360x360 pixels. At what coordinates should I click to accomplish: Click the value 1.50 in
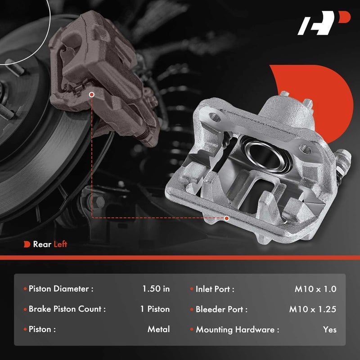(x=155, y=289)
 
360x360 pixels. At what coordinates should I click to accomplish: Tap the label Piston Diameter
(x=61, y=289)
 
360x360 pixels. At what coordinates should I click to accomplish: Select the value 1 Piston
(x=155, y=309)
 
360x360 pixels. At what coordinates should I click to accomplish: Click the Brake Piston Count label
(x=67, y=309)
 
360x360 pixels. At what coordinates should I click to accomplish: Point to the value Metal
(x=158, y=329)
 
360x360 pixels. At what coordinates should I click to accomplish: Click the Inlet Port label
(x=215, y=289)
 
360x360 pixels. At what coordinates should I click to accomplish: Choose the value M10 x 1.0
(x=315, y=289)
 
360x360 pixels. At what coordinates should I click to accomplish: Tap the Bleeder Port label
(x=221, y=309)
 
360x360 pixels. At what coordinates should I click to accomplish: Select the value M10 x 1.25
(x=313, y=309)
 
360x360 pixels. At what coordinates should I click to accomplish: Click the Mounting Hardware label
(x=237, y=329)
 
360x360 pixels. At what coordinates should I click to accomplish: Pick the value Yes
(x=329, y=329)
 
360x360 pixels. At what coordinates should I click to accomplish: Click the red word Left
(x=60, y=244)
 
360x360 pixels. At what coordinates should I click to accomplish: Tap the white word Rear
(x=42, y=244)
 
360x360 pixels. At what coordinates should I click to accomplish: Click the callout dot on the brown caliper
(x=92, y=95)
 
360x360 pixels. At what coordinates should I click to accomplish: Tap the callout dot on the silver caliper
(x=226, y=218)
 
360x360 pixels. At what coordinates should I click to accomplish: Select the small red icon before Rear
(x=27, y=244)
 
